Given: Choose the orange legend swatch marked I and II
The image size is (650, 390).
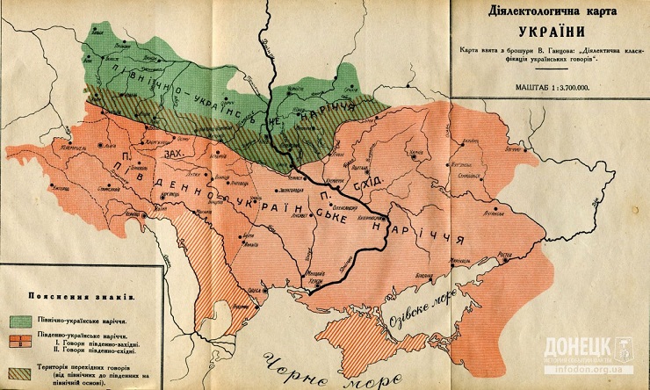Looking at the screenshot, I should (x=18, y=341).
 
